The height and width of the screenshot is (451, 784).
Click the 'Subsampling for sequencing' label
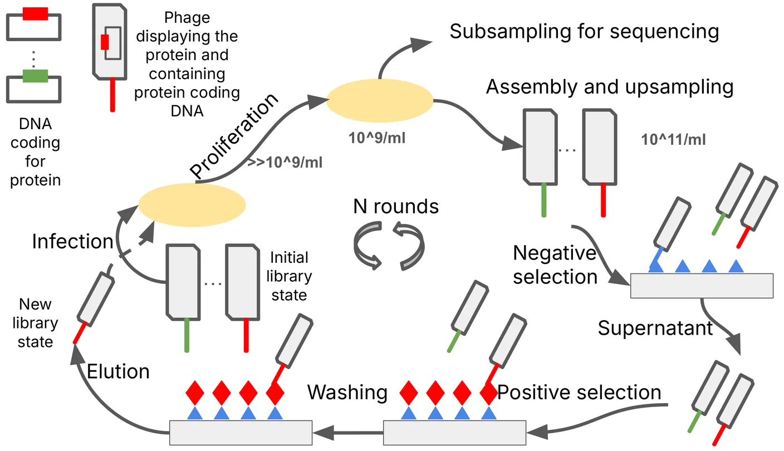584,32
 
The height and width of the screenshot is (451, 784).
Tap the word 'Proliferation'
233,136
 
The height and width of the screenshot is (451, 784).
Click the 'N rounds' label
396,207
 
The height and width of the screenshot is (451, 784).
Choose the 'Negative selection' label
555,264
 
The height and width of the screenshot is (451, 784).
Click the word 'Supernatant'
655,328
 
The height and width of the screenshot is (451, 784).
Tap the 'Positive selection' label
579,393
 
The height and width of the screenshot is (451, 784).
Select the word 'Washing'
347,393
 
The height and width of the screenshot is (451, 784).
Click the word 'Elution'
119,371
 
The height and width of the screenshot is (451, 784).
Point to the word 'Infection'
72,242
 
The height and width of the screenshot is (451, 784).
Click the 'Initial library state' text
290,276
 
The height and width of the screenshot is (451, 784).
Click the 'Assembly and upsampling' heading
610,87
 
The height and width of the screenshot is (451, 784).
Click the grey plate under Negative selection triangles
702,286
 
